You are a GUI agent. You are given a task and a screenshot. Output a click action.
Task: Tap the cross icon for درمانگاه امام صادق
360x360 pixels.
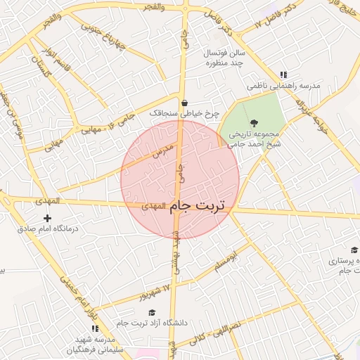coord(48,219)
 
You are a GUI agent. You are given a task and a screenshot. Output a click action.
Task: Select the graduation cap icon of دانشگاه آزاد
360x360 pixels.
coord(152,312)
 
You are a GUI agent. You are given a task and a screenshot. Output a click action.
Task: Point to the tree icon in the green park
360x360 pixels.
coord(254,123)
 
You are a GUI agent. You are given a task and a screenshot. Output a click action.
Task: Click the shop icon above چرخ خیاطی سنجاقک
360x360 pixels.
coord(184,103)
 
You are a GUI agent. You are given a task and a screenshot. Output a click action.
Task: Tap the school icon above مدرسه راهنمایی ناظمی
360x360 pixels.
coord(283,75)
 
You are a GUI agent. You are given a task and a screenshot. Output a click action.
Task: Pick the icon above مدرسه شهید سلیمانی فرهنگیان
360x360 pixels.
coord(95,328)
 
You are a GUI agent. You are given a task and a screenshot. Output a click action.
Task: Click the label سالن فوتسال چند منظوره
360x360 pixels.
coord(224,58)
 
